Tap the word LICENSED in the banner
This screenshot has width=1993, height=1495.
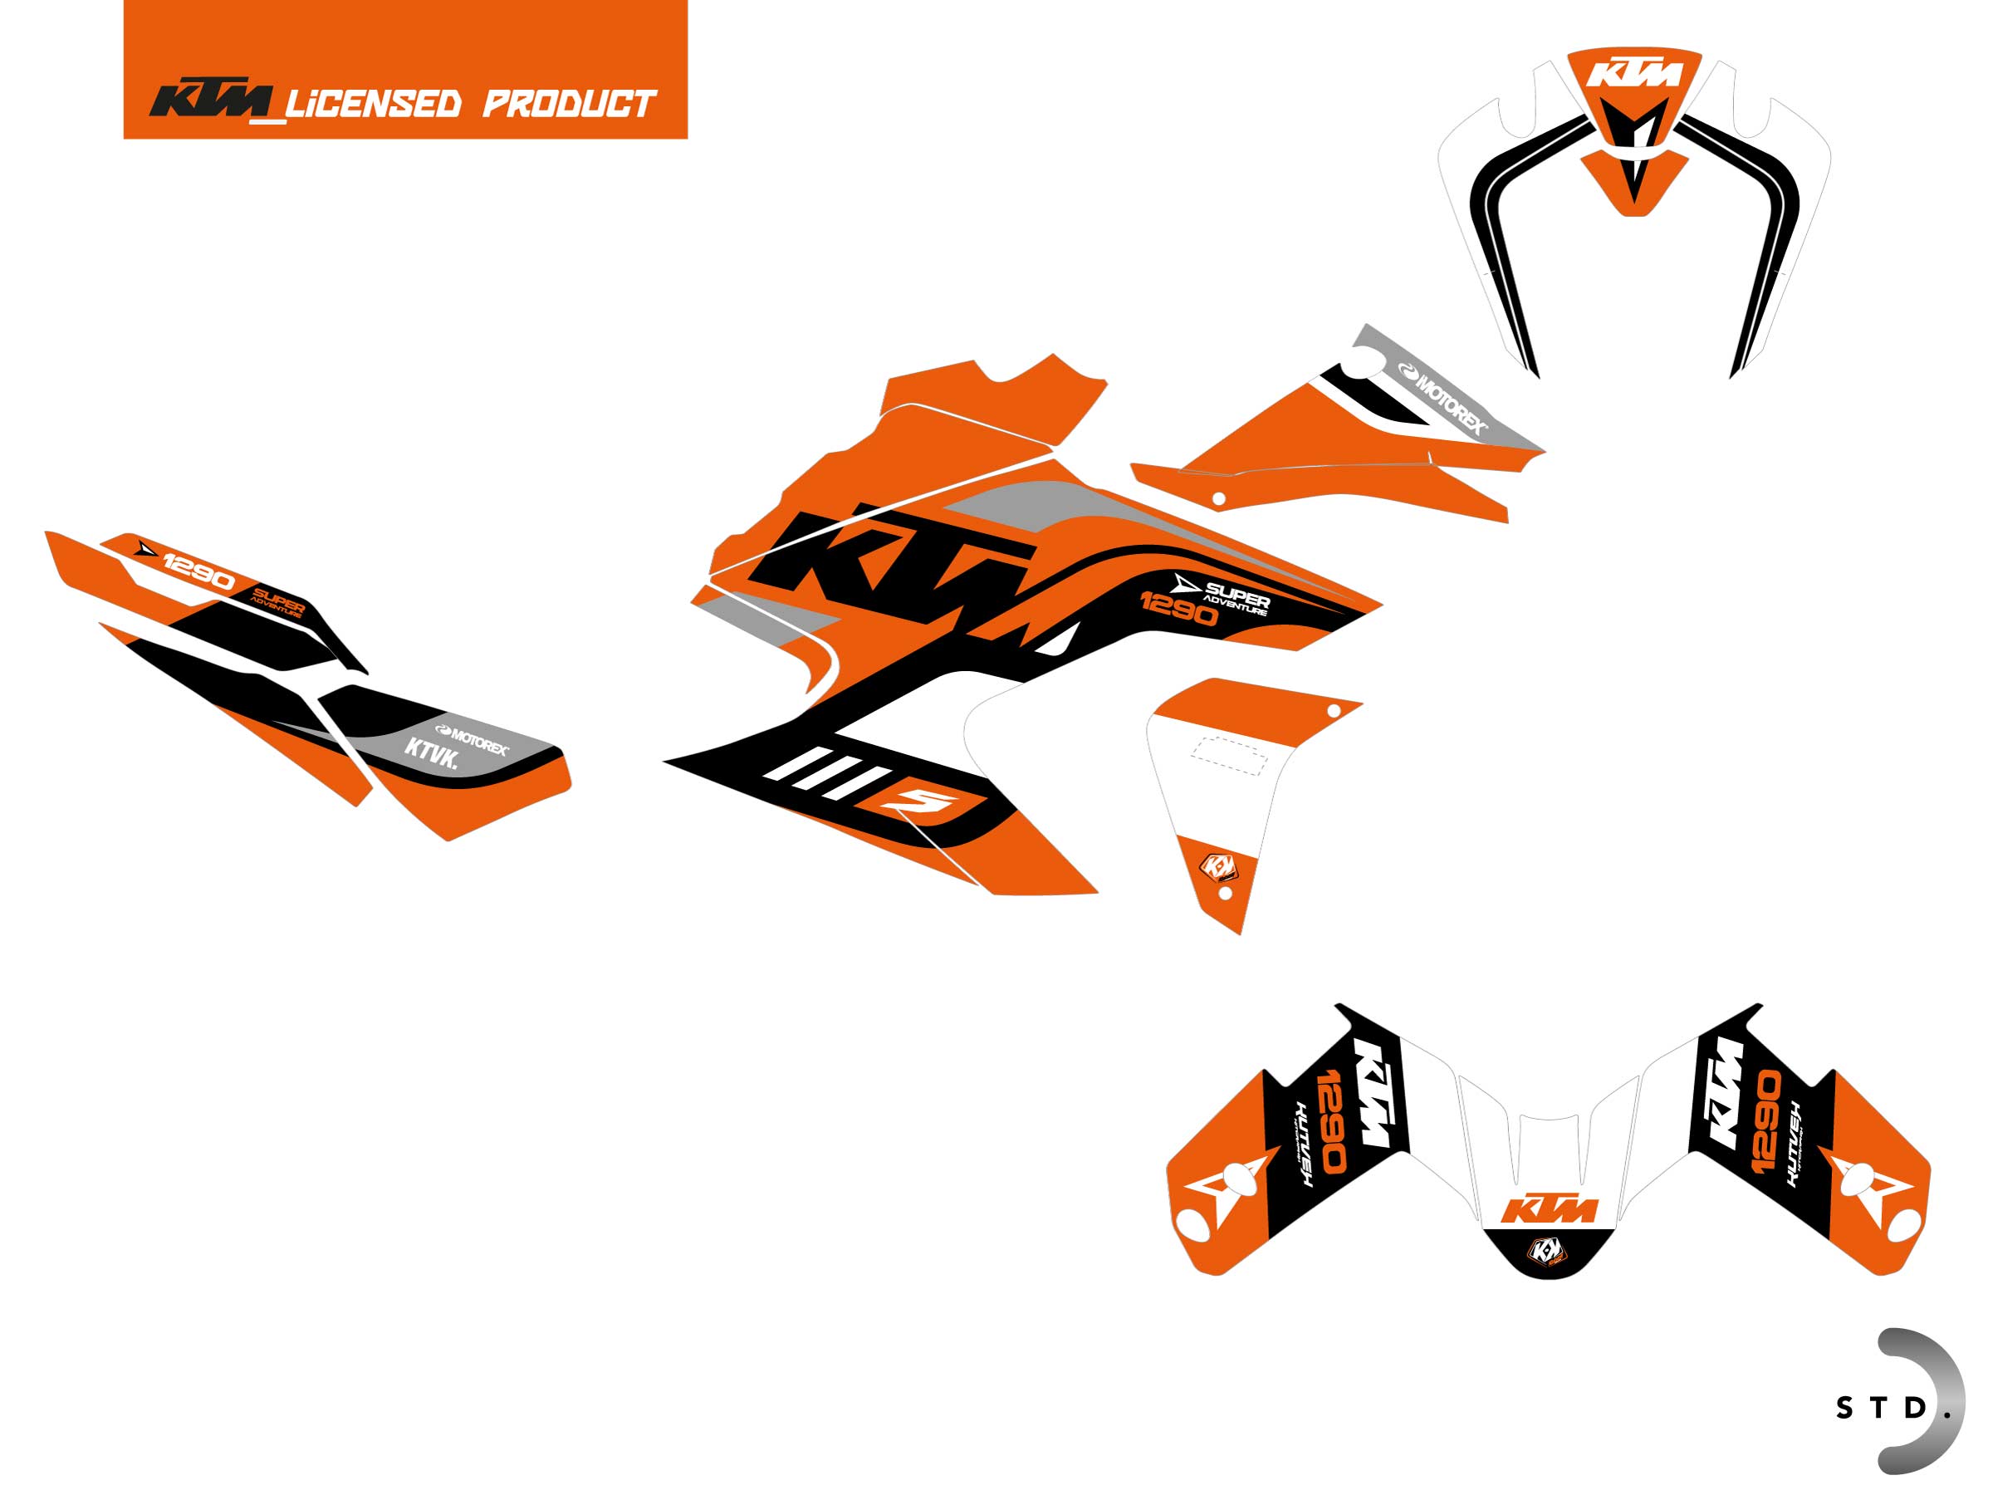[373, 105]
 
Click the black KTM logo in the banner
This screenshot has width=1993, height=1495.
[213, 101]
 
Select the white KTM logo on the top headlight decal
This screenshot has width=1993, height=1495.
[1633, 74]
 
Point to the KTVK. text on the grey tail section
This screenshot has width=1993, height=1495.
[431, 752]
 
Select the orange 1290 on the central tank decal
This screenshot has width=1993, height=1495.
[1178, 610]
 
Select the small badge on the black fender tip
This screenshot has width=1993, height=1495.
[1547, 1250]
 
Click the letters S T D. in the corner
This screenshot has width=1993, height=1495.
[1883, 1408]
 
